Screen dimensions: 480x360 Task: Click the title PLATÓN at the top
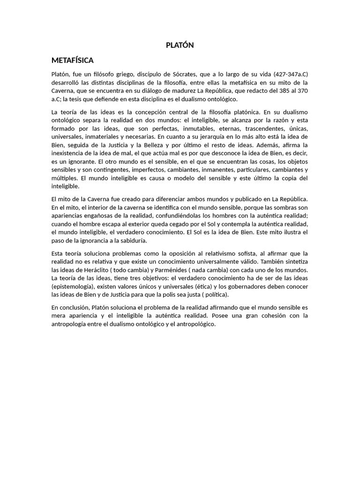pyautogui.click(x=180, y=45)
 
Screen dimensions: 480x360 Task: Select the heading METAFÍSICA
pyautogui.click(x=73, y=60)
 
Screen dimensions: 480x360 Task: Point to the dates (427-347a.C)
pyautogui.click(x=286, y=75)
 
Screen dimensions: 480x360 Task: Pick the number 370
pyautogui.click(x=302, y=90)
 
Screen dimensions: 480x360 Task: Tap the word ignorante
pyautogui.click(x=73, y=161)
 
